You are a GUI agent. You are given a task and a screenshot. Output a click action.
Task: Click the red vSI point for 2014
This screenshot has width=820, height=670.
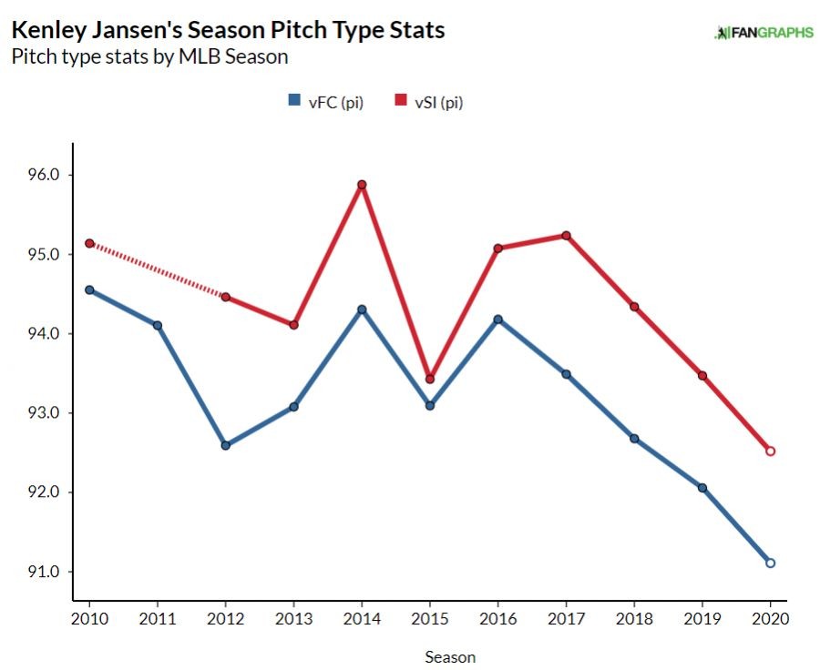pos(362,185)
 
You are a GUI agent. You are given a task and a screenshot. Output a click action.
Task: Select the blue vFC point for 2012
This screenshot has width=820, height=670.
pos(225,445)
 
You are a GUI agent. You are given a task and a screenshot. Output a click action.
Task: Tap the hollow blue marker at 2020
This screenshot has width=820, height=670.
pos(770,563)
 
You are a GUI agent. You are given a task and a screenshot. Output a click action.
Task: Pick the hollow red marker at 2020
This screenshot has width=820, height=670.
pos(770,451)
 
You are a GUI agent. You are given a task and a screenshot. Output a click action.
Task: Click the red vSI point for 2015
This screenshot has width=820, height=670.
pos(430,379)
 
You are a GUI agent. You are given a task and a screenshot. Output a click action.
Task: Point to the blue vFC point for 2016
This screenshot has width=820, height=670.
pos(498,320)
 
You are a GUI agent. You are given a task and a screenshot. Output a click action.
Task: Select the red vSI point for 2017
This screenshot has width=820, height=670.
pos(566,236)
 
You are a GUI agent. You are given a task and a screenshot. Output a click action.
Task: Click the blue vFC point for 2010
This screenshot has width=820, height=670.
pos(89,290)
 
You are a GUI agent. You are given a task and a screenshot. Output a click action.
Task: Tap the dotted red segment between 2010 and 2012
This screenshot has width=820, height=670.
pos(157,269)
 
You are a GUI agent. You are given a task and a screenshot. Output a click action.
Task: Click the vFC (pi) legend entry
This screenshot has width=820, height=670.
pos(325,102)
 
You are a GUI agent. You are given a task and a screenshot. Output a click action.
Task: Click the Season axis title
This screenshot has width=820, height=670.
pos(449,655)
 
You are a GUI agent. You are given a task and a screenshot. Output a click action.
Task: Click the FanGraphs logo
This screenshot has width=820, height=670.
pos(764,33)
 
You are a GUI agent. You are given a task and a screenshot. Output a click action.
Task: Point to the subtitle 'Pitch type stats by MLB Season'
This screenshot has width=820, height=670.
pos(149,56)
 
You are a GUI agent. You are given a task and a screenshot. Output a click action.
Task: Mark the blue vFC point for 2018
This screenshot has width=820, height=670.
pos(634,439)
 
